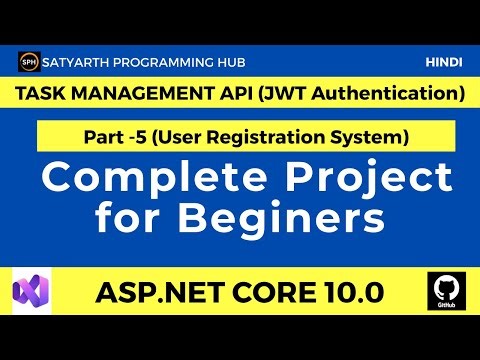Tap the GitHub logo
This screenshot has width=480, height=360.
[443, 293]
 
